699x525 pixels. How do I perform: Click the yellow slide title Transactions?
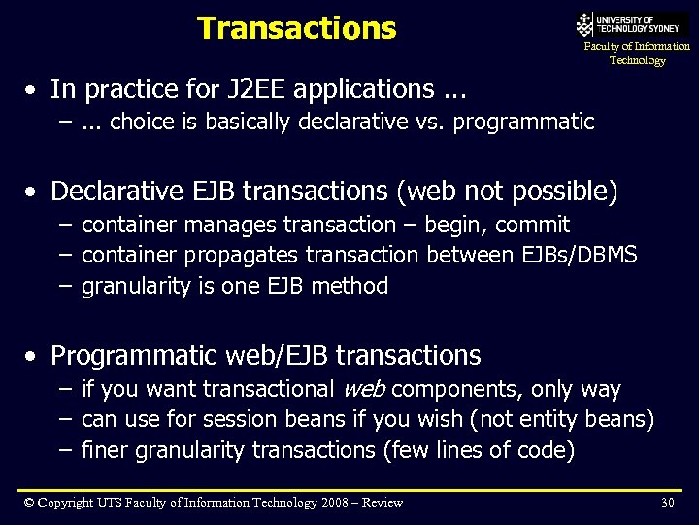click(x=296, y=28)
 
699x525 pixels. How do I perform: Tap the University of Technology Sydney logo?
click(x=631, y=24)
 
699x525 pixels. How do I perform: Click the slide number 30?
click(x=667, y=502)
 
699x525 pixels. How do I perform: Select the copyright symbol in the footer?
click(x=30, y=502)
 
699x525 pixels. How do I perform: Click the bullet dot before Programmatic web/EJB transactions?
click(x=33, y=357)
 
